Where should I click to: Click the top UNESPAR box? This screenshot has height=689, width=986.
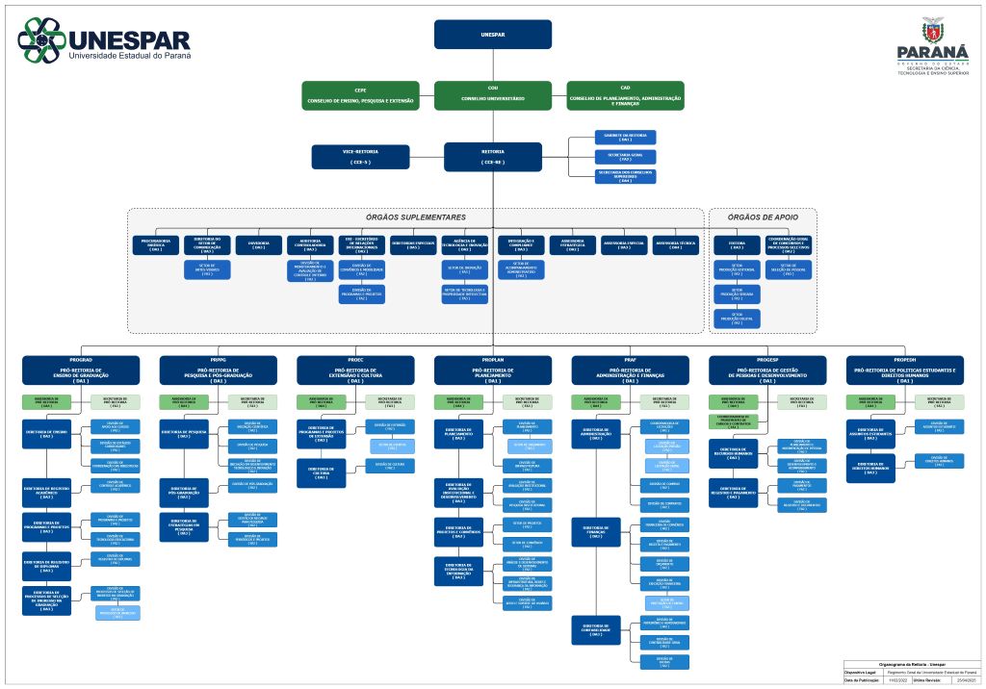(492, 34)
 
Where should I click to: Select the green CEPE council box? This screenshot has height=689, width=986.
(360, 95)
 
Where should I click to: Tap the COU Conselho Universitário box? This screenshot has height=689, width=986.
(492, 95)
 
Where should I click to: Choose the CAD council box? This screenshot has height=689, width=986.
(625, 95)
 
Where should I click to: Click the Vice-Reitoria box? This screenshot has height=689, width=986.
(360, 157)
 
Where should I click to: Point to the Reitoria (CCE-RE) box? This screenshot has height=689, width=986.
(492, 157)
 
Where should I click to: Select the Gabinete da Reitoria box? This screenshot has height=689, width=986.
(625, 137)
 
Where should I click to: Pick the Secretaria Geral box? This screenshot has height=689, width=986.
(625, 156)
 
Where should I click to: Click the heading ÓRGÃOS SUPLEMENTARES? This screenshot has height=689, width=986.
(415, 217)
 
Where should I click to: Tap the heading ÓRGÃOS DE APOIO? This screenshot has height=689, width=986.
(763, 217)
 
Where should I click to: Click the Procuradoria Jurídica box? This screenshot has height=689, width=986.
(155, 245)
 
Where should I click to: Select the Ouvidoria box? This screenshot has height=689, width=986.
(258, 245)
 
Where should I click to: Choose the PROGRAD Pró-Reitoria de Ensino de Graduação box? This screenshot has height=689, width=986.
(84, 370)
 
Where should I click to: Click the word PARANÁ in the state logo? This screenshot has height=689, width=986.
(932, 52)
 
